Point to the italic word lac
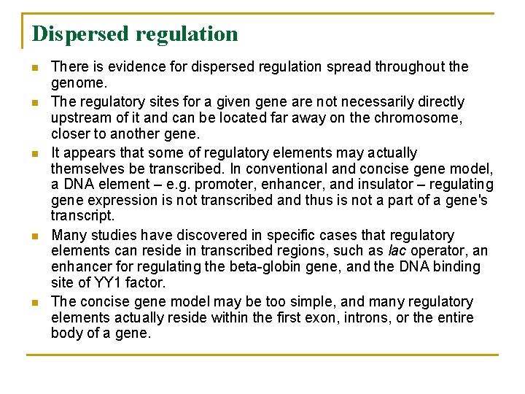tap(397, 251)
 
